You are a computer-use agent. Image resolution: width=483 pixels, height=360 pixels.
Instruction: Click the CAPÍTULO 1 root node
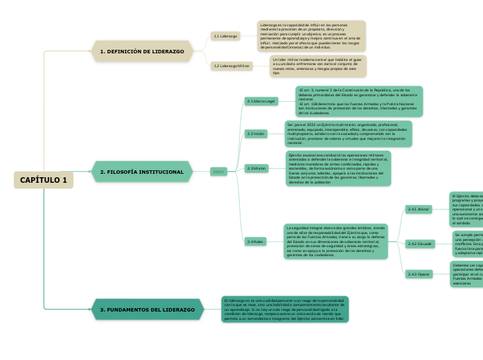[x=43, y=180]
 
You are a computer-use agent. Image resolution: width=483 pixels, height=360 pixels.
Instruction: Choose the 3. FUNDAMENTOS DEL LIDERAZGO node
[x=148, y=309]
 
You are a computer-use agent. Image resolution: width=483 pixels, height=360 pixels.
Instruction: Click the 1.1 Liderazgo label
[x=226, y=35]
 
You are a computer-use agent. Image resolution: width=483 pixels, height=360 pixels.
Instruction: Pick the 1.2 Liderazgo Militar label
[x=232, y=66]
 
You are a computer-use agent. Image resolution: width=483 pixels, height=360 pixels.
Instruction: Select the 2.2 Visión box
[x=255, y=134]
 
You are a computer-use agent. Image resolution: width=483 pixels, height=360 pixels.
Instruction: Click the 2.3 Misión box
[x=256, y=168]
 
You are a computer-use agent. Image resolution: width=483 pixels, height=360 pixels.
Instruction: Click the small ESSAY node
[x=218, y=172]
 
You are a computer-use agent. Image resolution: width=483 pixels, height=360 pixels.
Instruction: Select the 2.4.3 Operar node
[x=419, y=274]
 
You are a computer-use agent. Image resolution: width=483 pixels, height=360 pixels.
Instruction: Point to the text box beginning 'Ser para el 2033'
[x=348, y=134]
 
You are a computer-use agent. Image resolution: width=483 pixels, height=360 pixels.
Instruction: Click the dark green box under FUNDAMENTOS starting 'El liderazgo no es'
[x=285, y=309]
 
